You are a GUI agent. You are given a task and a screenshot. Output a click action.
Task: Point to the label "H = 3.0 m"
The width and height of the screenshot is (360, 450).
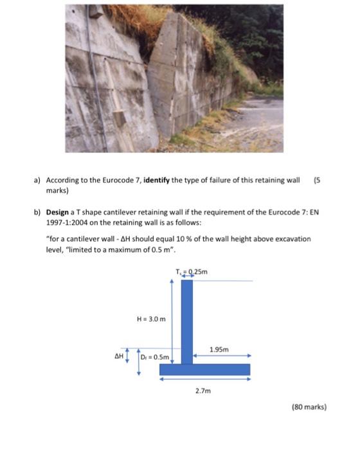[152, 318]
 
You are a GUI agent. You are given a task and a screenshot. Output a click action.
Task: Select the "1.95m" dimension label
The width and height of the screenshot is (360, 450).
[220, 350]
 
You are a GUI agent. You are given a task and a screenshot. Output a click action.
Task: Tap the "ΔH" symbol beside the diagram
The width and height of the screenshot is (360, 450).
[118, 355]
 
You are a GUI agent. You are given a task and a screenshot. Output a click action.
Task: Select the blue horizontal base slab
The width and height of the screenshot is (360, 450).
[204, 369]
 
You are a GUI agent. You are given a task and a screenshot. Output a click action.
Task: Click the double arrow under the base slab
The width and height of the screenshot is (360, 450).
[204, 379]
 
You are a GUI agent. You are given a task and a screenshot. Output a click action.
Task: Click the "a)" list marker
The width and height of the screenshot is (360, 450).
[37, 181]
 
